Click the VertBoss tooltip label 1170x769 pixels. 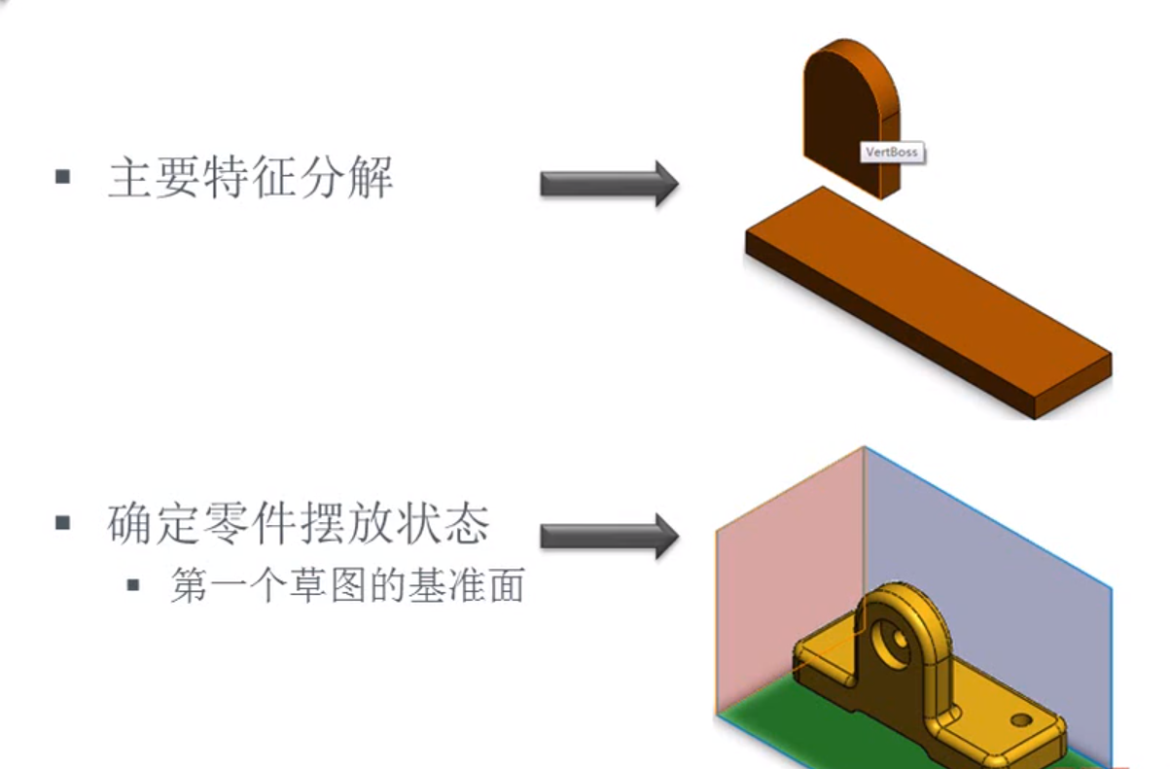pos(892,153)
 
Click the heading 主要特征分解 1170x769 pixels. pos(250,179)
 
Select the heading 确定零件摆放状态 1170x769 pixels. pos(298,524)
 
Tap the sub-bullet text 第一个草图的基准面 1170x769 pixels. pos(347,585)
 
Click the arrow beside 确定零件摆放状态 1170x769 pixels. pos(609,536)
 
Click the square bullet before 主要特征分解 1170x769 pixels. pos(63,178)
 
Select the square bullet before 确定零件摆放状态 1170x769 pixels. pos(63,523)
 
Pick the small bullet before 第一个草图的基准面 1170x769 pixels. pos(133,585)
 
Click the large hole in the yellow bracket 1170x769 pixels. pos(896,636)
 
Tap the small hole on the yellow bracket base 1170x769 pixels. pos(1020,720)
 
